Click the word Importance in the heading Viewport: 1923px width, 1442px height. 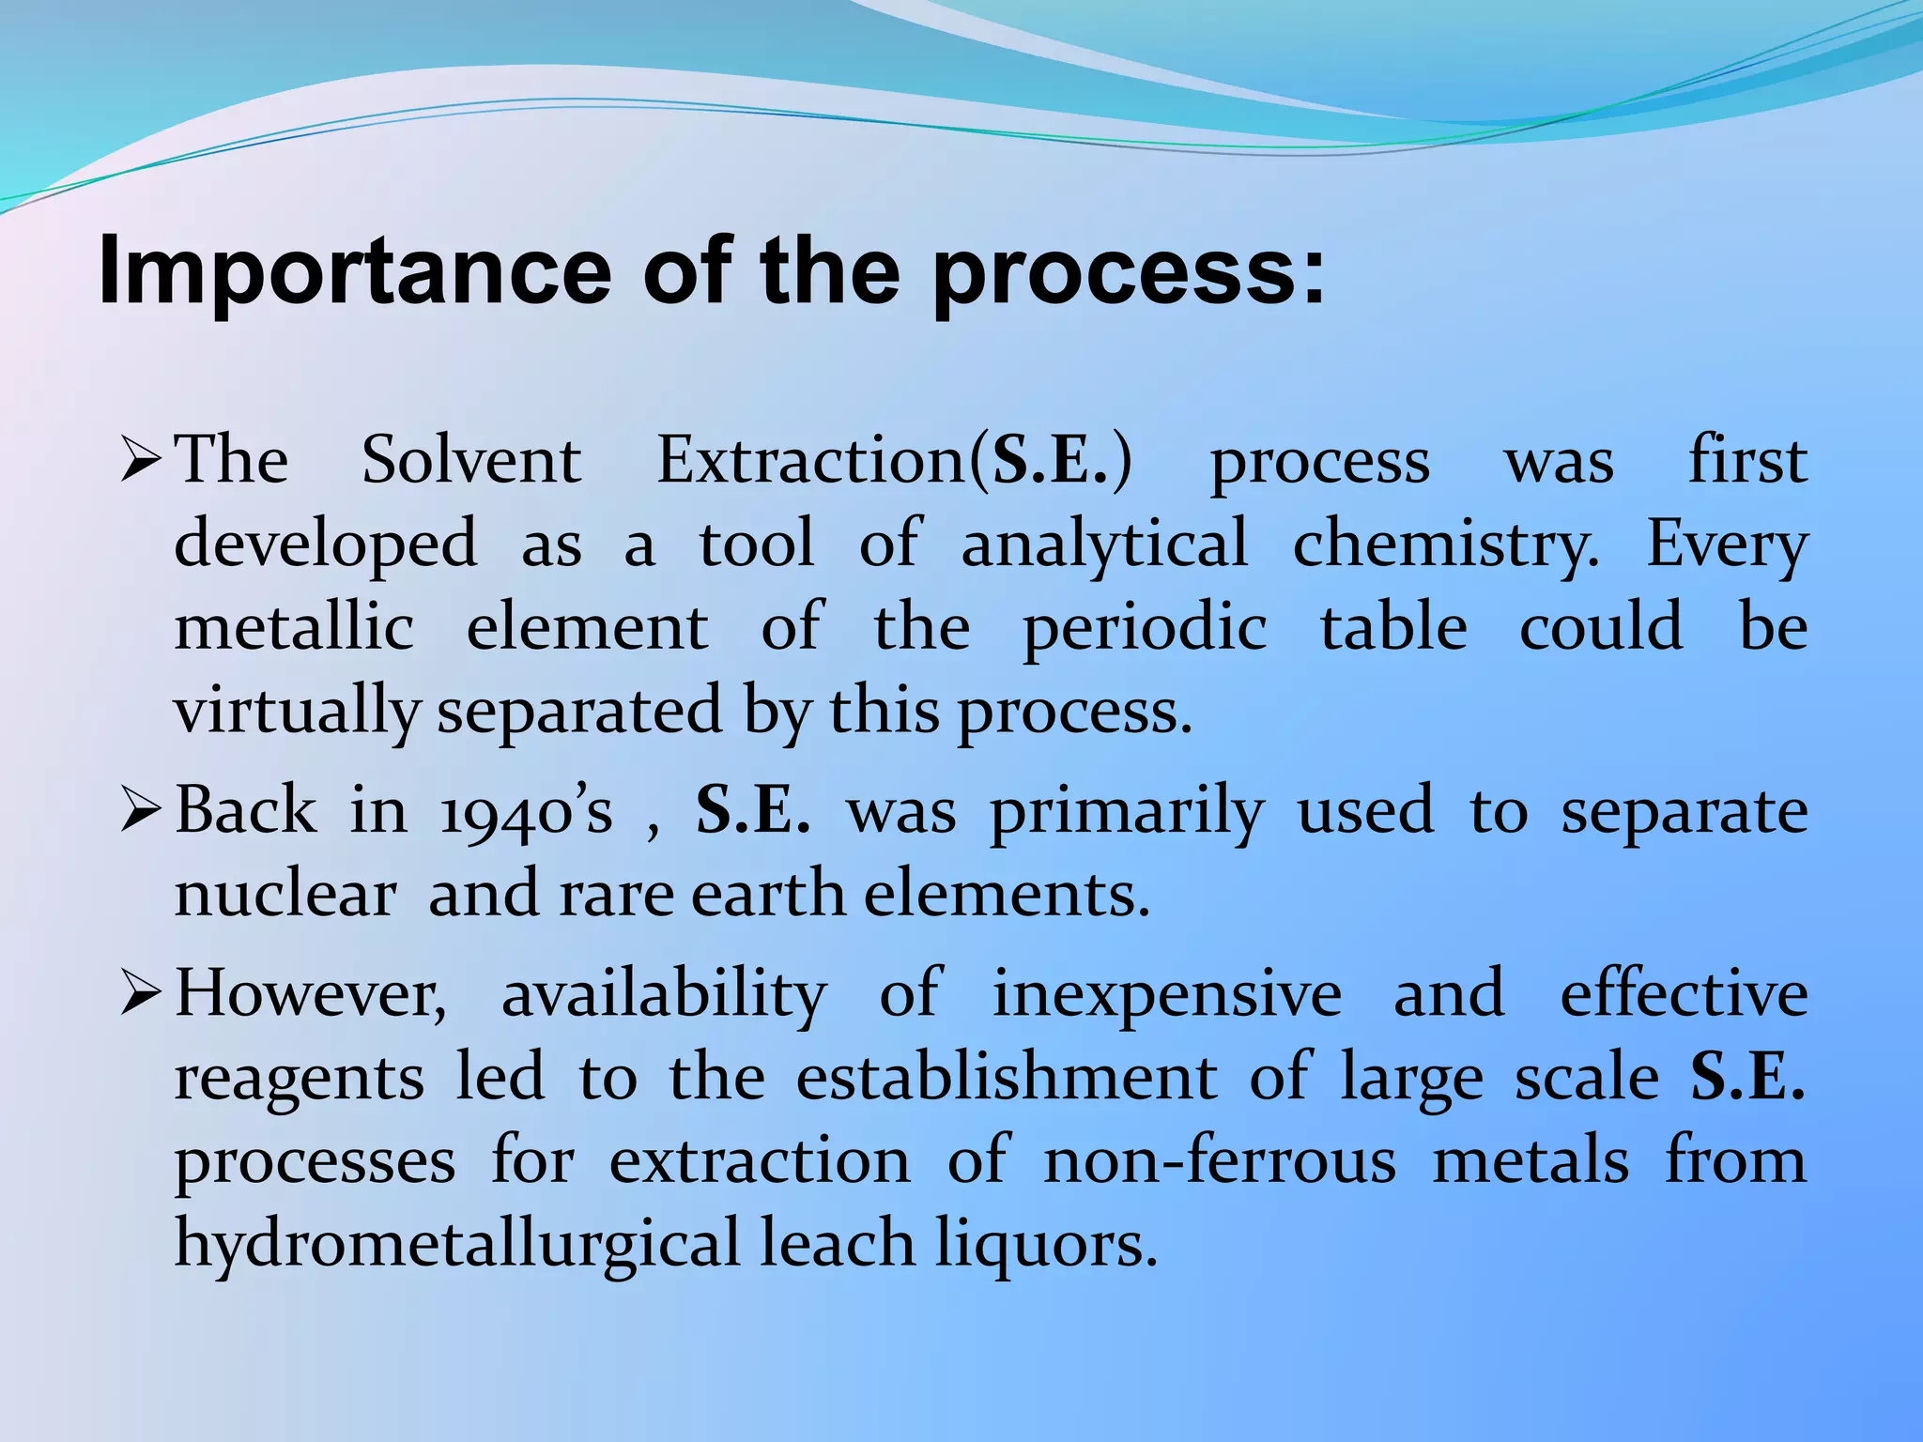pos(355,272)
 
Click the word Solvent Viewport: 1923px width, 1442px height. pos(471,461)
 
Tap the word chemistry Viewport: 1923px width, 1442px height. pos(1446,545)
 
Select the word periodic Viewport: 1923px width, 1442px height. pos(1145,629)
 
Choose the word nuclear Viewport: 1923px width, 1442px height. pos(285,895)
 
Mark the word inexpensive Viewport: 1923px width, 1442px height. pos(1167,995)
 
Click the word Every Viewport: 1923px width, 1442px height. pos(1727,545)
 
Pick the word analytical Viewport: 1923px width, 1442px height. pos(1104,545)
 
